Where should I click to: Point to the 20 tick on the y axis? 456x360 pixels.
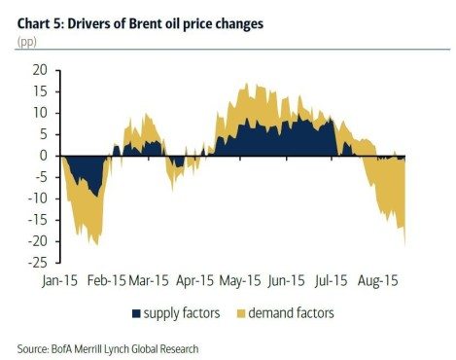pyautogui.click(x=40, y=70)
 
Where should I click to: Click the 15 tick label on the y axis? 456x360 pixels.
pyautogui.click(x=40, y=91)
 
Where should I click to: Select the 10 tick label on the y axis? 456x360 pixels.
pyautogui.click(x=40, y=113)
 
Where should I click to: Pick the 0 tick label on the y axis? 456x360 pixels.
pyautogui.click(x=44, y=156)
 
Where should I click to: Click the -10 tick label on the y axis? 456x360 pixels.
pyautogui.click(x=37, y=198)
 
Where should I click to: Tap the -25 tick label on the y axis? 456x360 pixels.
pyautogui.click(x=37, y=263)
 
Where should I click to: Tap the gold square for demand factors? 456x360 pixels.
pyautogui.click(x=243, y=313)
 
